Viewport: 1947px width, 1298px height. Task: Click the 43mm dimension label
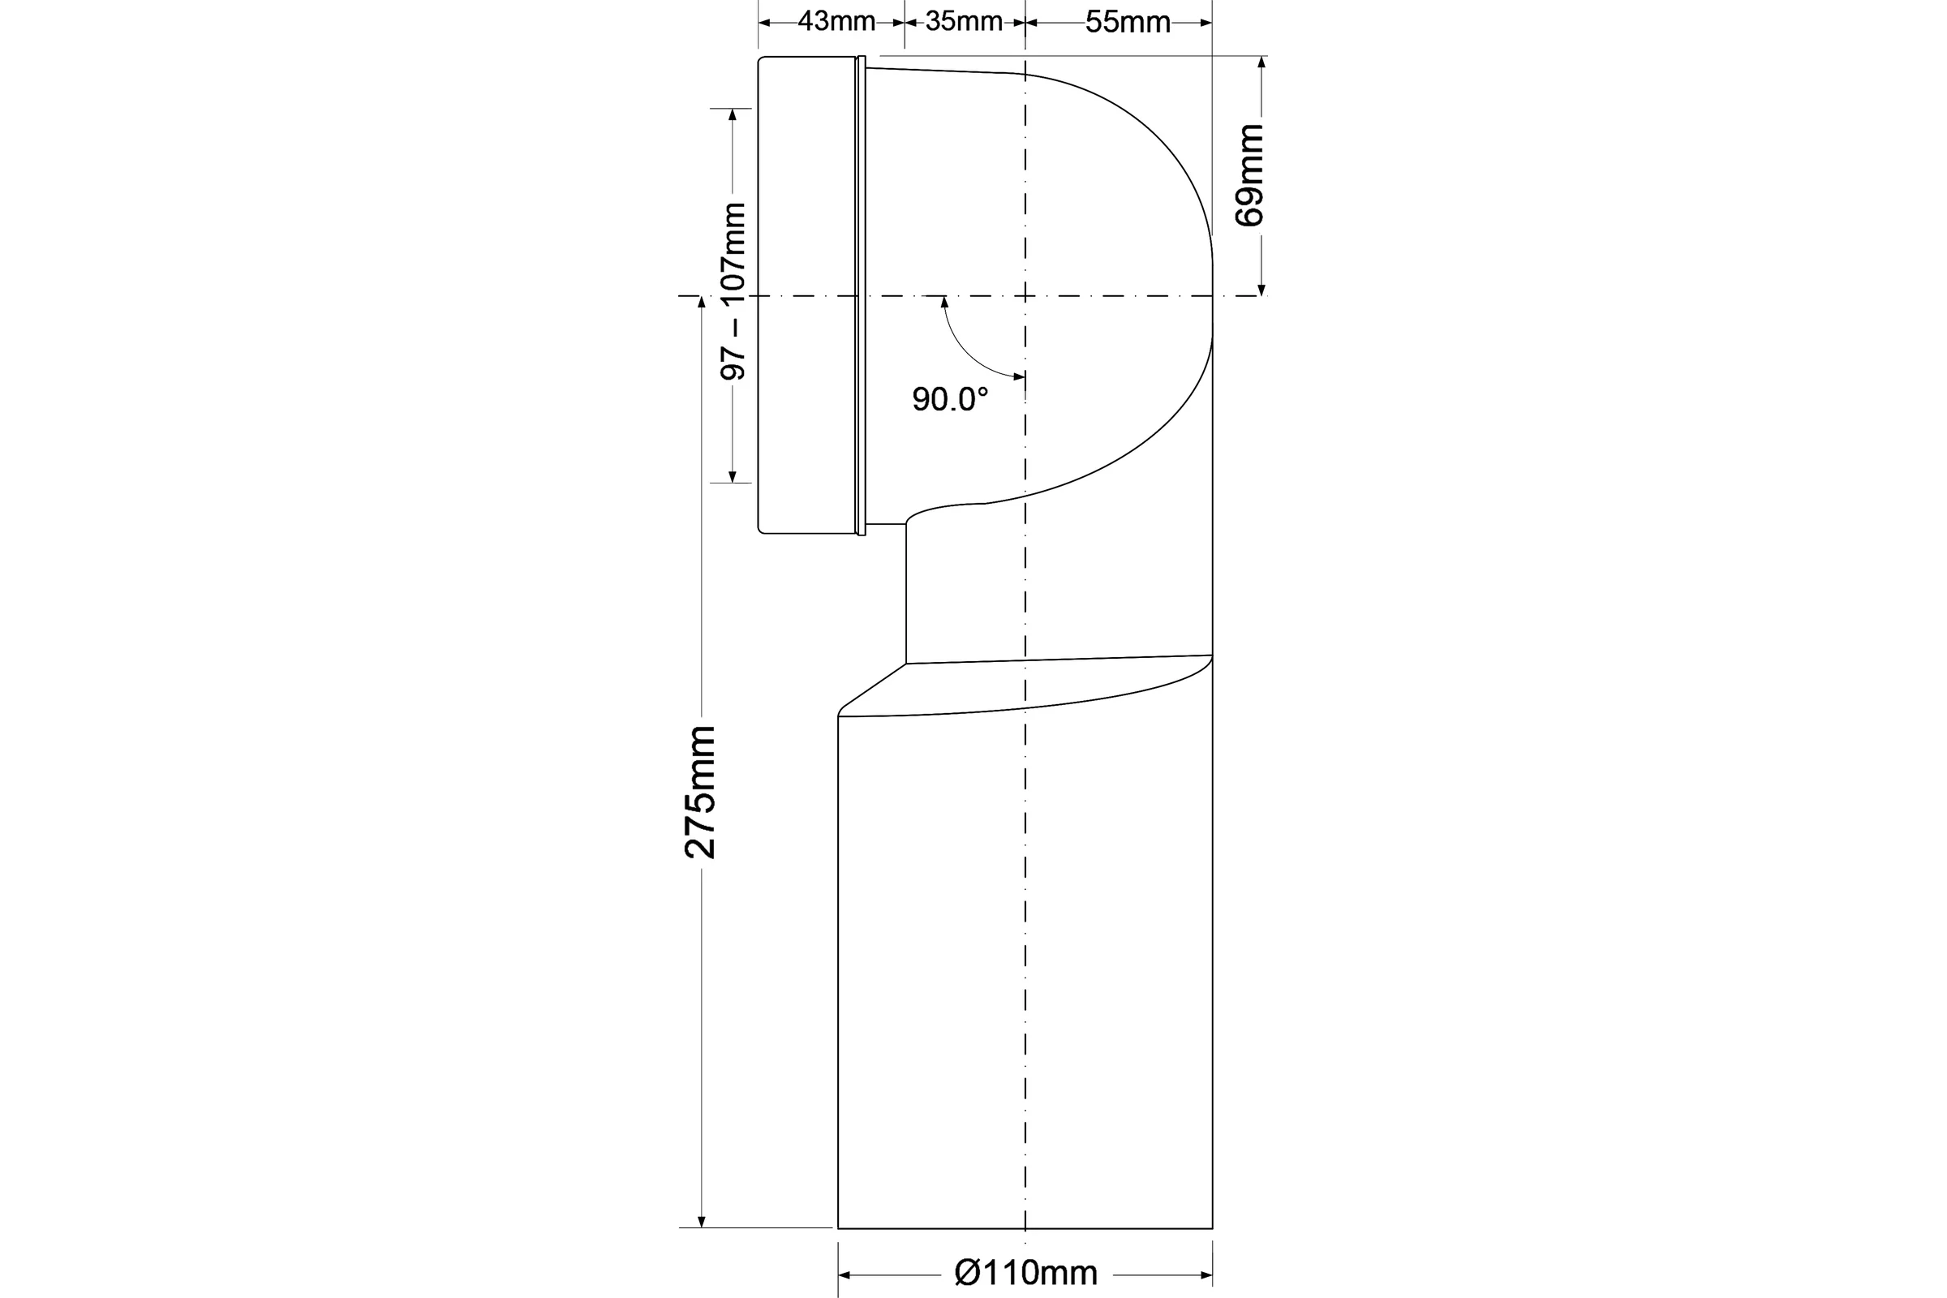(x=836, y=22)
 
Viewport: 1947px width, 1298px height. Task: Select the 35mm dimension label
(x=964, y=22)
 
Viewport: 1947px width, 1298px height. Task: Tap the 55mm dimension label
(x=1128, y=23)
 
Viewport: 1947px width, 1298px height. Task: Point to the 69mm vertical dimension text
(x=1249, y=174)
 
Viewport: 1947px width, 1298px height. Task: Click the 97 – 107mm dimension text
(x=733, y=291)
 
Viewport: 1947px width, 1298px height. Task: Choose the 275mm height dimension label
(x=700, y=793)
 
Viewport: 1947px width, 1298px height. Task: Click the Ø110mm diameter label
(x=1025, y=1272)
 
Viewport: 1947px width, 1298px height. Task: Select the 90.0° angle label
(x=950, y=399)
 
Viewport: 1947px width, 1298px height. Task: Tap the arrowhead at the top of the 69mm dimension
(x=1261, y=62)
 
